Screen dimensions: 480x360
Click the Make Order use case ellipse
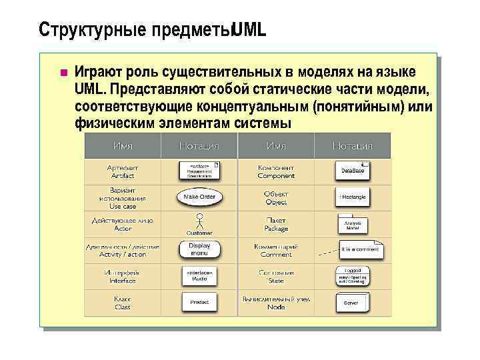199,197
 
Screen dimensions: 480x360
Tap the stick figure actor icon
199,221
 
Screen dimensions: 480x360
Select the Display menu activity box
199,249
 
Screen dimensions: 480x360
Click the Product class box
199,302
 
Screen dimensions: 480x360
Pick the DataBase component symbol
352,171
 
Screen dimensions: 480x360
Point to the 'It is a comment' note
361,249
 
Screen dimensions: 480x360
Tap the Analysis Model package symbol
353,225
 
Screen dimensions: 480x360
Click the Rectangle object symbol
353,197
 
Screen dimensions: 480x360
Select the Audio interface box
199,276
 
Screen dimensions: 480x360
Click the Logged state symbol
353,275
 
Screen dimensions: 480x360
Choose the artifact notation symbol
199,171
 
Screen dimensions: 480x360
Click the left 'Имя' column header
122,145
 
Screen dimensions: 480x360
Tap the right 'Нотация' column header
353,145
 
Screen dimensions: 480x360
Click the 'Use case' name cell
123,198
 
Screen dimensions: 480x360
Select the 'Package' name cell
276,224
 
